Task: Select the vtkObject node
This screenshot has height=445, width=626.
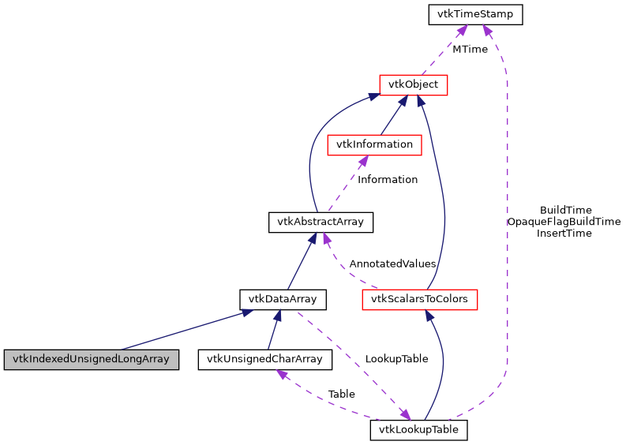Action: pos(414,84)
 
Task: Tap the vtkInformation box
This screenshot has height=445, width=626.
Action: pos(374,144)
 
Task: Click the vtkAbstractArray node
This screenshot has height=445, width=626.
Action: pos(320,222)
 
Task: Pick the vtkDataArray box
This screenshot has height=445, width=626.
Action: pos(283,299)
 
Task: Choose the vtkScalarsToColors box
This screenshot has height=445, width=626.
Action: pos(419,299)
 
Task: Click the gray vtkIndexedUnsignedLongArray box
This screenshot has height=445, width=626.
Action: pos(91,360)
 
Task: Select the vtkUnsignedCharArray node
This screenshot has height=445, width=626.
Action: pos(264,360)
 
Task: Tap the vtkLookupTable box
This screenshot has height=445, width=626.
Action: pos(419,430)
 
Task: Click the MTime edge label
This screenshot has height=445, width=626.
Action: pos(470,49)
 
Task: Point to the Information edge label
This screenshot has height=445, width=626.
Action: pos(388,179)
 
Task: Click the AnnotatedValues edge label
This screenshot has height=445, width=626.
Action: pos(392,264)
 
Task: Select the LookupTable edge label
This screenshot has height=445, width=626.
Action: pos(396,358)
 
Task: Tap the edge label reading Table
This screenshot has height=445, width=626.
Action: pos(341,394)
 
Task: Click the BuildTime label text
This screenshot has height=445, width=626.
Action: pos(565,210)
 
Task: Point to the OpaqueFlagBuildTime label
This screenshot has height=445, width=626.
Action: pos(564,222)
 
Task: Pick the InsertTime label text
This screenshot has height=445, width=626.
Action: pos(564,234)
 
